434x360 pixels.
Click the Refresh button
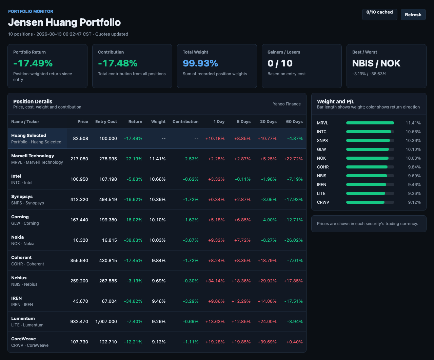413,15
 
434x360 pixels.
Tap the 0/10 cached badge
379,15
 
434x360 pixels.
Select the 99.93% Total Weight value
200,63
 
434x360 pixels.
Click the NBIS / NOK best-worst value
376,63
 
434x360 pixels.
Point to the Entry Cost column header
106,122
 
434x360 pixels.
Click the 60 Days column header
294,122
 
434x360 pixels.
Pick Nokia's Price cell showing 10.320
81,240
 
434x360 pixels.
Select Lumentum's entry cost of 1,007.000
106,322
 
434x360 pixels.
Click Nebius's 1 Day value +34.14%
215,281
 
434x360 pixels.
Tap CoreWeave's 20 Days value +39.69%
267,342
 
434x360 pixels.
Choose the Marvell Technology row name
33,156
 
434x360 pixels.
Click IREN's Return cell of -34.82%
133,301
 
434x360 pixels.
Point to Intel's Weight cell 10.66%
158,179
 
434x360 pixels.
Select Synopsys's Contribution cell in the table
191,200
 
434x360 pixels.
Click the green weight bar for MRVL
370,123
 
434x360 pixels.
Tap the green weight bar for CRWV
365,202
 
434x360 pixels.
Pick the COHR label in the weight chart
323,167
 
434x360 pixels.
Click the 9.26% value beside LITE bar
414,194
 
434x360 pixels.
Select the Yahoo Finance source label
287,104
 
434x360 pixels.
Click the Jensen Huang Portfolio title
64,22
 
